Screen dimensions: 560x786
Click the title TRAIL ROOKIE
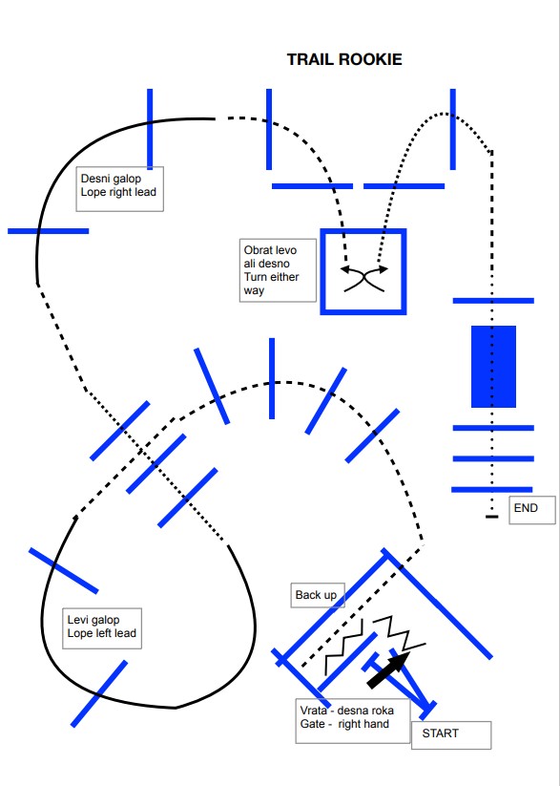click(344, 59)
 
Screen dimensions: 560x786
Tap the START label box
click(451, 734)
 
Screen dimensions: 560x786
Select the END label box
click(532, 510)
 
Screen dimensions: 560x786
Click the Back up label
click(318, 595)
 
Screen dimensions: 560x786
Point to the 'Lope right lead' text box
click(119, 189)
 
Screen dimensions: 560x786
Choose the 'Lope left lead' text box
click(102, 628)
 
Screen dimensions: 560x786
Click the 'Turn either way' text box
click(278, 270)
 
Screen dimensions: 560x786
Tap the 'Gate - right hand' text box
click(353, 721)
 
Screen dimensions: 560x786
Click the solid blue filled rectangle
click(493, 367)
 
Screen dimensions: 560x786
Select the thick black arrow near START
click(389, 669)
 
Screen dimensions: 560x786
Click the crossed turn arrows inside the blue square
click(364, 278)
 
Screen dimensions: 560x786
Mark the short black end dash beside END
click(492, 517)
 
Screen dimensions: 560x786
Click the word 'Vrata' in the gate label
click(314, 711)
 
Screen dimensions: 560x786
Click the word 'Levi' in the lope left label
click(75, 620)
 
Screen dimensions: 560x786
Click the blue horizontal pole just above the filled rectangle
click(493, 301)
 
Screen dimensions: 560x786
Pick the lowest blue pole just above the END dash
click(492, 489)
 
